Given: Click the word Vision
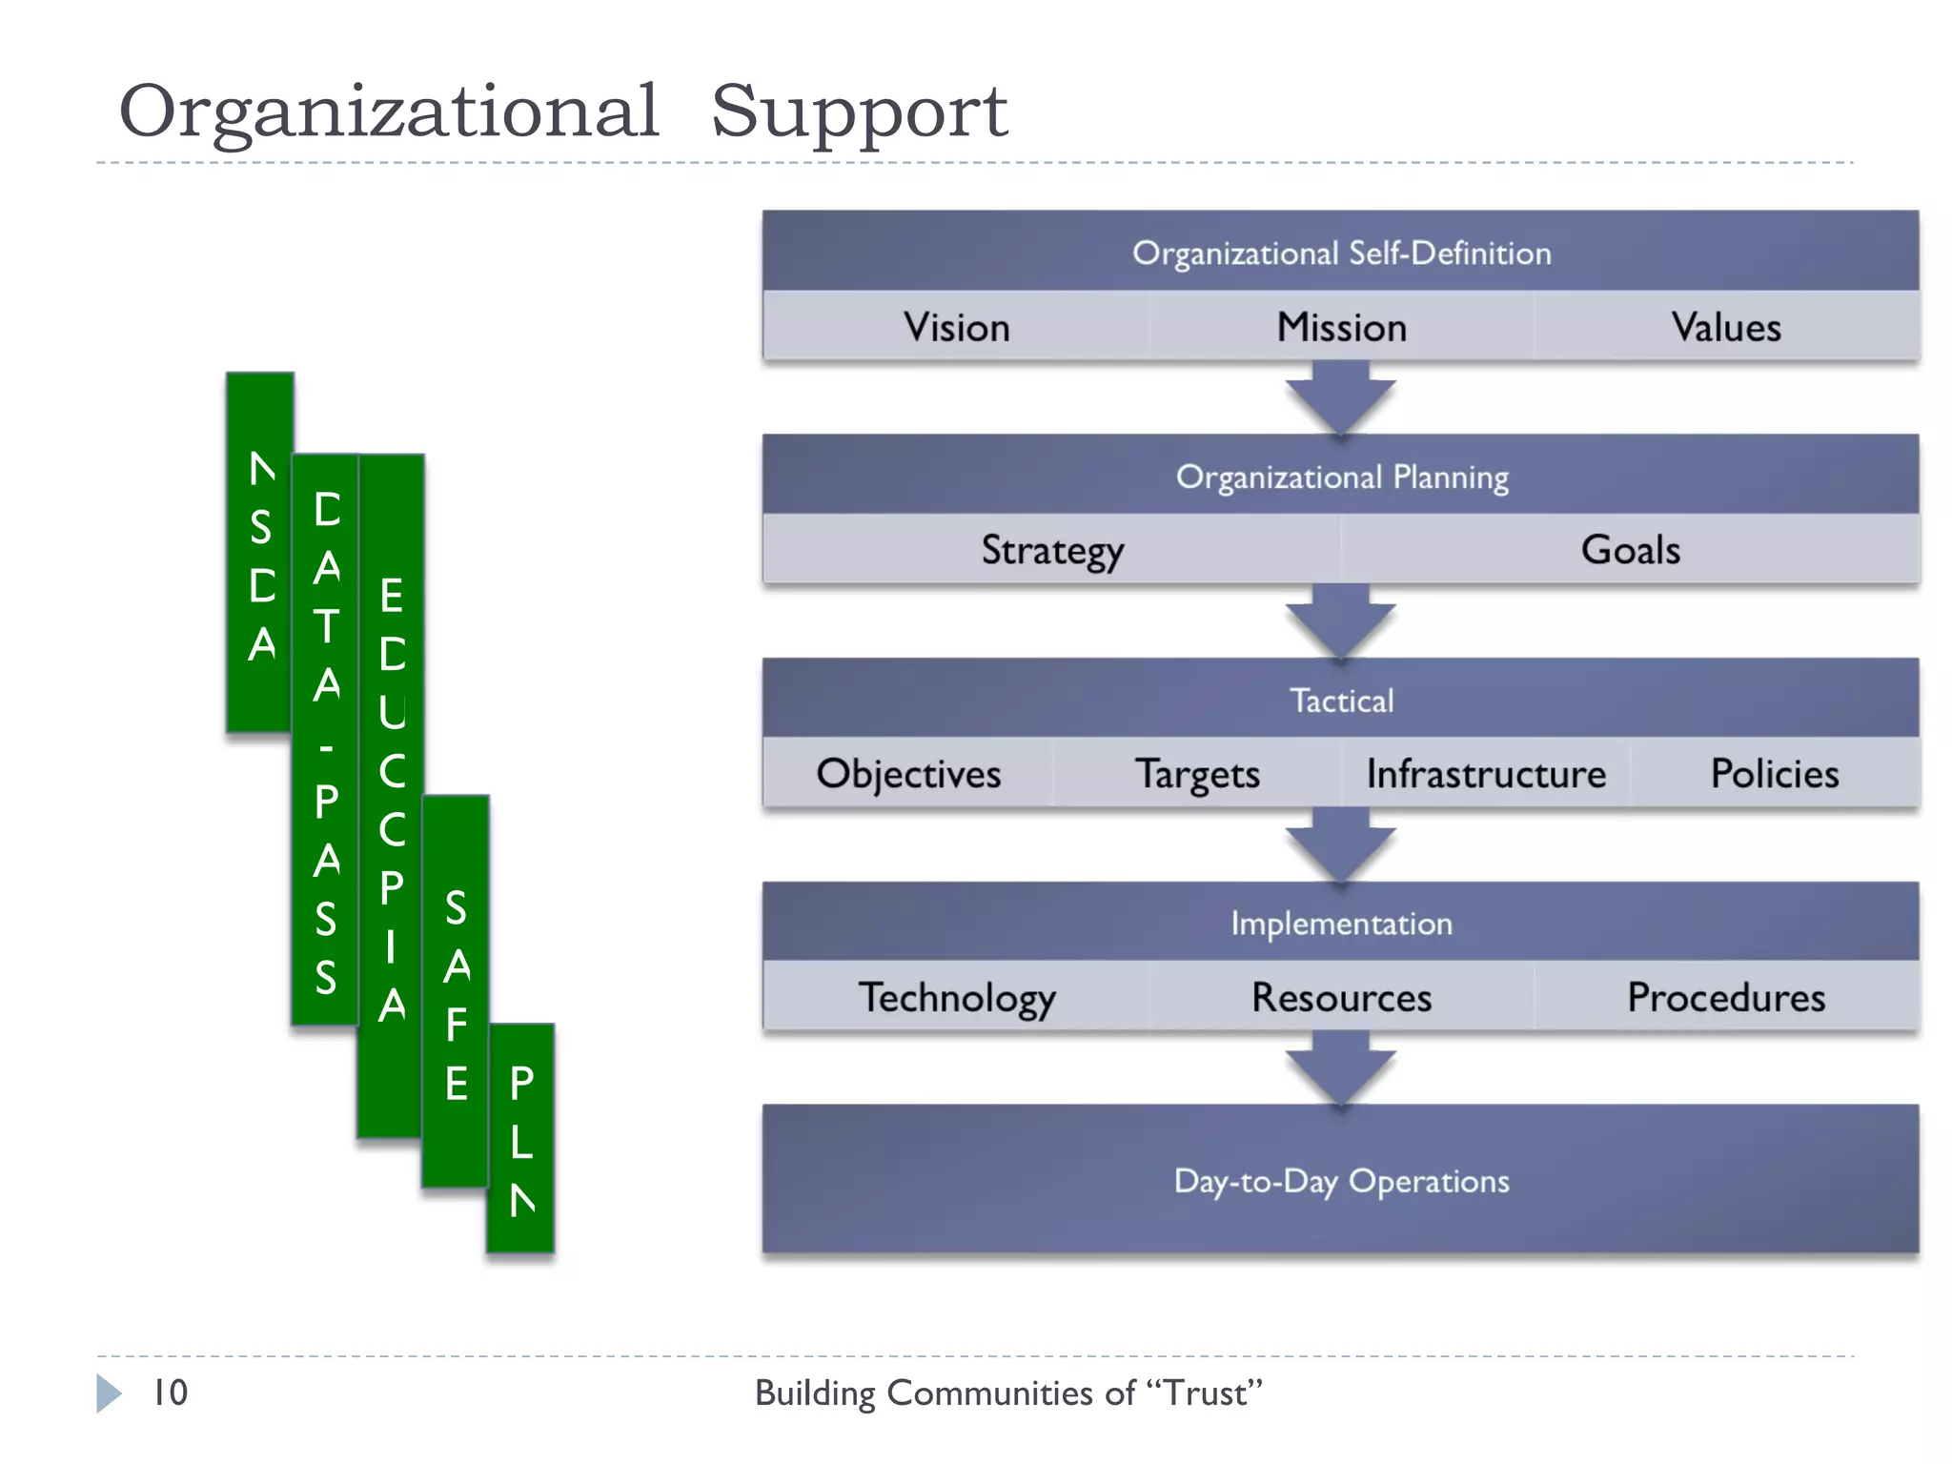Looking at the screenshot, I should point(956,327).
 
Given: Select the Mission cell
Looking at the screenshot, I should point(1341,327).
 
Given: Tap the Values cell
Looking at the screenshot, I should point(1725,327).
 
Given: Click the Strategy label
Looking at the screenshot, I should point(1052,550).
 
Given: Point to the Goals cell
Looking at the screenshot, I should point(1630,550).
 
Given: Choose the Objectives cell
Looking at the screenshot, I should point(908,773).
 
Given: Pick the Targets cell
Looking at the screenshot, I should point(1197,773).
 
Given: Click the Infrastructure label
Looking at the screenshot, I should point(1485,773).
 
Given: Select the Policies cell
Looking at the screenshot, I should point(1774,773).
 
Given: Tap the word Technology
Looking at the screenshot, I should point(956,997).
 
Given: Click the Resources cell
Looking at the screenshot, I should point(1341,997).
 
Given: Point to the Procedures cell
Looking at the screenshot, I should point(1725,997).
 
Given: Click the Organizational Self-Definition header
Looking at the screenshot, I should point(1341,253).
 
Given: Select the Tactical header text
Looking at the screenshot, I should point(1341,701).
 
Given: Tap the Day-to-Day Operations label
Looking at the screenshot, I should point(1341,1180).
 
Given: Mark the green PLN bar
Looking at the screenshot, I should point(520,1139).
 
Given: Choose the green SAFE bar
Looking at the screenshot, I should point(456,991).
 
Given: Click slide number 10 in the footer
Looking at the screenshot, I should point(171,1393).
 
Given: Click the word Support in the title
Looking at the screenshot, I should point(859,112).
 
